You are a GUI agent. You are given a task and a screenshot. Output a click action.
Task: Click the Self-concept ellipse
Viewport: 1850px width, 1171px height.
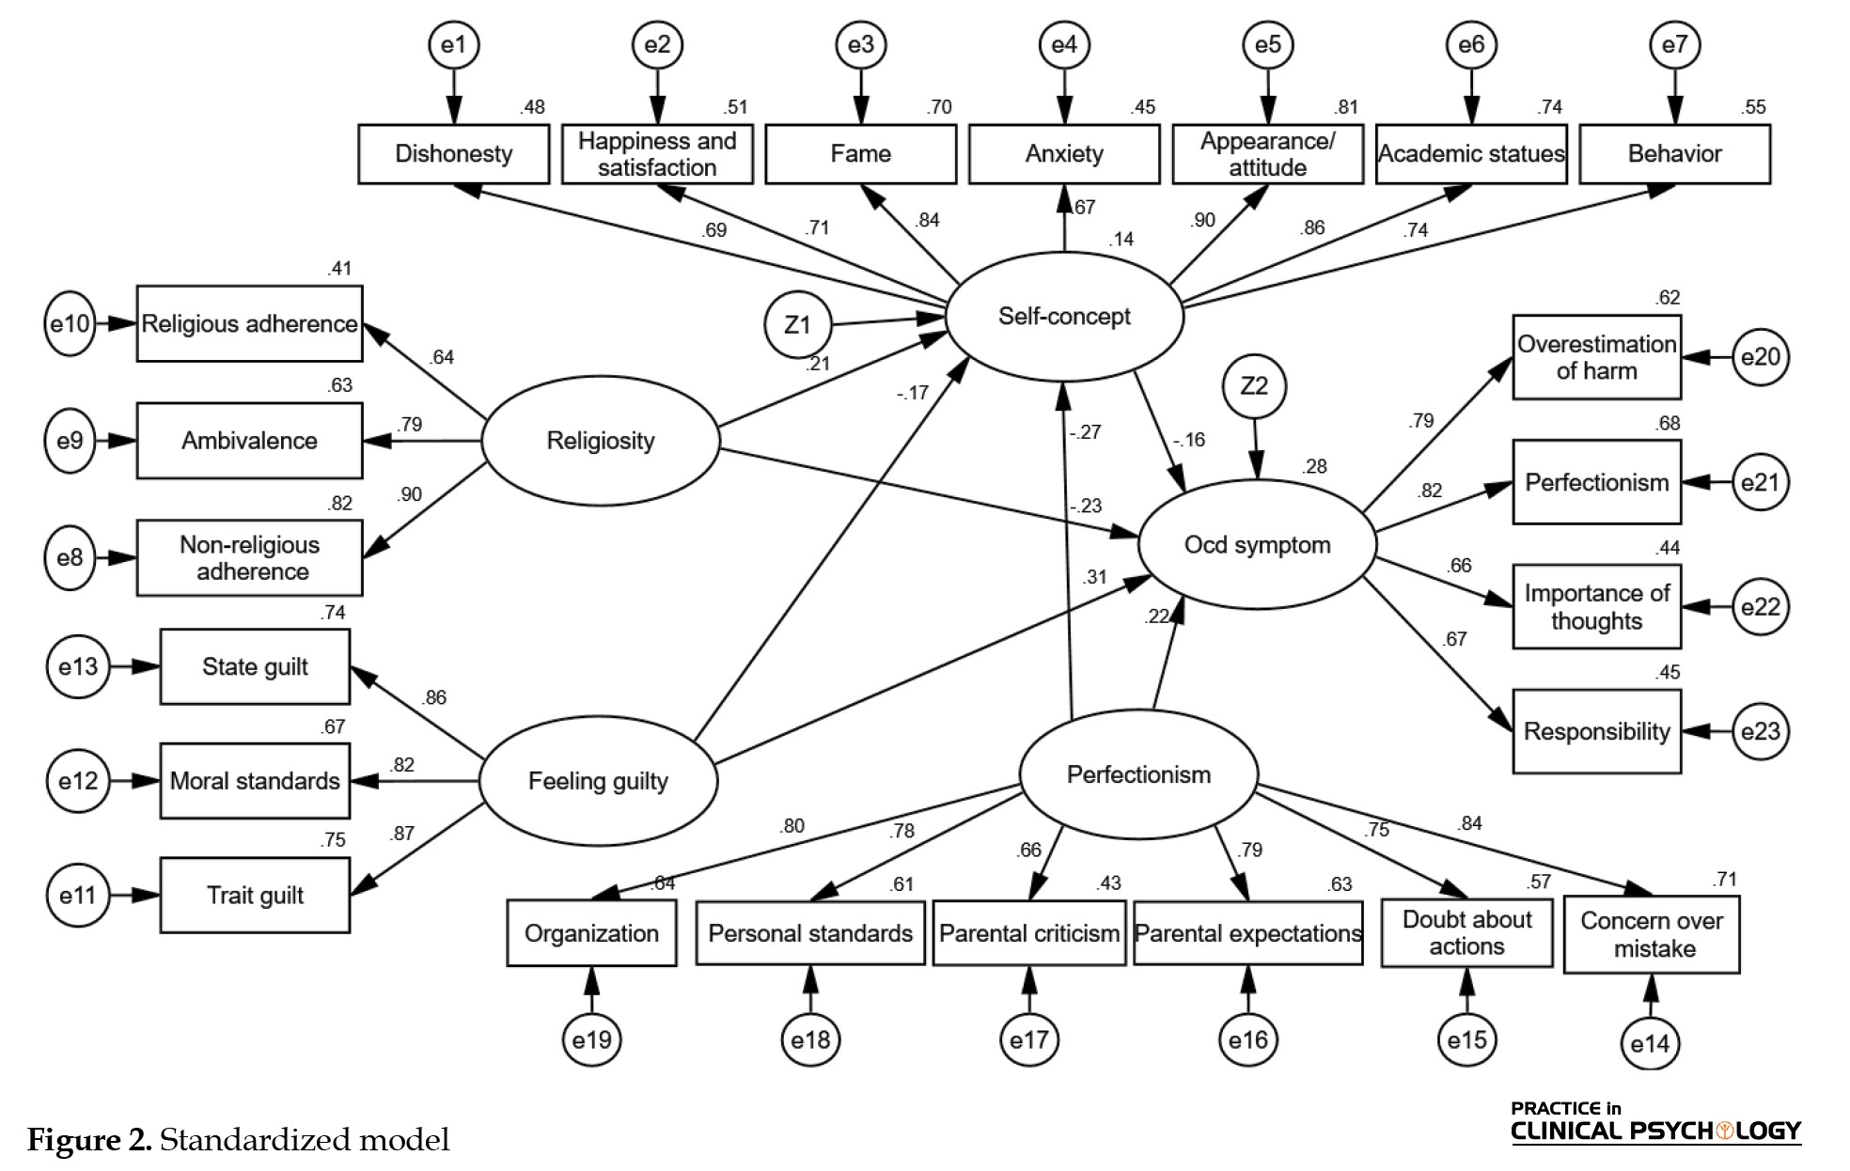click(x=1064, y=317)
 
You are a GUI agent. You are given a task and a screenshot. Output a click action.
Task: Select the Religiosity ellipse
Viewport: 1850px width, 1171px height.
click(x=601, y=441)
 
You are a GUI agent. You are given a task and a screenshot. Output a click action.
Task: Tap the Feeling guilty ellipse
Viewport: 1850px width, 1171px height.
click(x=598, y=781)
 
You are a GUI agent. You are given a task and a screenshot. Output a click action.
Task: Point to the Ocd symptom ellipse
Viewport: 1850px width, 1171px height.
click(x=1258, y=545)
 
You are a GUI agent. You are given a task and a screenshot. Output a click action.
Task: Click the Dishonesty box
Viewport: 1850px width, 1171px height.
click(x=453, y=154)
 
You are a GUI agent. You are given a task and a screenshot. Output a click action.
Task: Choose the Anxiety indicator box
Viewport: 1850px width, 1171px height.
click(x=1064, y=154)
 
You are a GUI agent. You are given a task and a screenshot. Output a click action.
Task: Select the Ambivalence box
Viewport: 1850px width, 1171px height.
click(x=249, y=441)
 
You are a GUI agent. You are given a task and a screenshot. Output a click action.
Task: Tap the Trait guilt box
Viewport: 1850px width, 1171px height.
click(x=255, y=896)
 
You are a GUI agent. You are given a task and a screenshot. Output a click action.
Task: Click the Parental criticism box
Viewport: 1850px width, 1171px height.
click(x=1029, y=933)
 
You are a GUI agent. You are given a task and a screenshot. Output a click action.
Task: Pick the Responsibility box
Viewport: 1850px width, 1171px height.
click(x=1596, y=731)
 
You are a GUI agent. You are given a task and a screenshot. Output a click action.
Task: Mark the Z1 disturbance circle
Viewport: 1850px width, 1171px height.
click(x=797, y=325)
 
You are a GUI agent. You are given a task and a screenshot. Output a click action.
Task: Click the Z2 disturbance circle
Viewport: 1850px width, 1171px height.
click(x=1254, y=386)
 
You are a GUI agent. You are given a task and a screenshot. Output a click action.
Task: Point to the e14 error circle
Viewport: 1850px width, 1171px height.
click(x=1650, y=1043)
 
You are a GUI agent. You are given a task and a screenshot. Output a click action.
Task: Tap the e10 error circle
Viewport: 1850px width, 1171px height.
click(x=71, y=324)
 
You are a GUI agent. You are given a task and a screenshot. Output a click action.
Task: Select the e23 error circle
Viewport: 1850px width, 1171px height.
click(x=1761, y=731)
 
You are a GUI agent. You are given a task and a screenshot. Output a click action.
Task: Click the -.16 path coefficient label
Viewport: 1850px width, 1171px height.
click(x=1189, y=440)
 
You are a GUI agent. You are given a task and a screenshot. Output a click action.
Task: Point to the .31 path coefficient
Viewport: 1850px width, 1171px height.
click(x=1094, y=577)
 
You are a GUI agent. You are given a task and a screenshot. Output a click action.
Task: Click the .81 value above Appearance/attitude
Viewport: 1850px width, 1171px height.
click(x=1346, y=107)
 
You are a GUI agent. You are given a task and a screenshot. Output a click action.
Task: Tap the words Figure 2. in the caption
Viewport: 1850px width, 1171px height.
click(x=89, y=1140)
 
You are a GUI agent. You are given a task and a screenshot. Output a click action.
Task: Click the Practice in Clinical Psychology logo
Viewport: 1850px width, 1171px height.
click(x=1655, y=1123)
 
